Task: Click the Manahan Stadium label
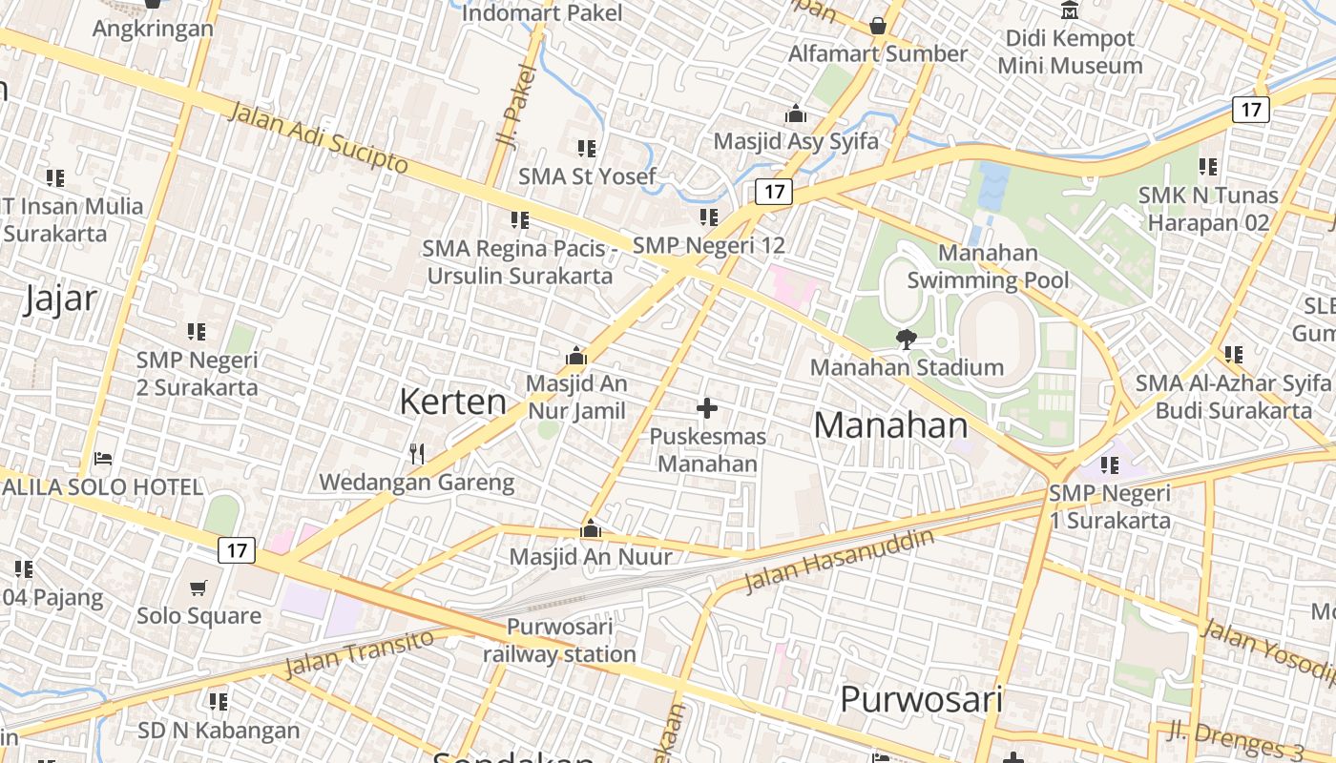(907, 367)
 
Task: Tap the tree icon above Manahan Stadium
(906, 339)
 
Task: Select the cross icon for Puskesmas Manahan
(707, 409)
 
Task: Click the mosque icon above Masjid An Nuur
(591, 528)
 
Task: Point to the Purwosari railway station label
(559, 641)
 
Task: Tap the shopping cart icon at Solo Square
(198, 588)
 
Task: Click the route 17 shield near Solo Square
(237, 550)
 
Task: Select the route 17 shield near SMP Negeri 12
(774, 192)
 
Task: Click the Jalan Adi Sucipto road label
(319, 137)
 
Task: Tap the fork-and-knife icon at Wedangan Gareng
(417, 453)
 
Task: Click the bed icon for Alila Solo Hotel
(103, 459)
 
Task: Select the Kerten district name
(452, 402)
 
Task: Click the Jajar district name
(60, 299)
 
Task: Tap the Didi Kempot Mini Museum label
(1070, 52)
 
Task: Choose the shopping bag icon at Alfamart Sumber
(878, 26)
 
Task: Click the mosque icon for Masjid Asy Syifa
(796, 114)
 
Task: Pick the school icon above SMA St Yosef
(587, 149)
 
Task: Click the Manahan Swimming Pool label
(988, 266)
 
